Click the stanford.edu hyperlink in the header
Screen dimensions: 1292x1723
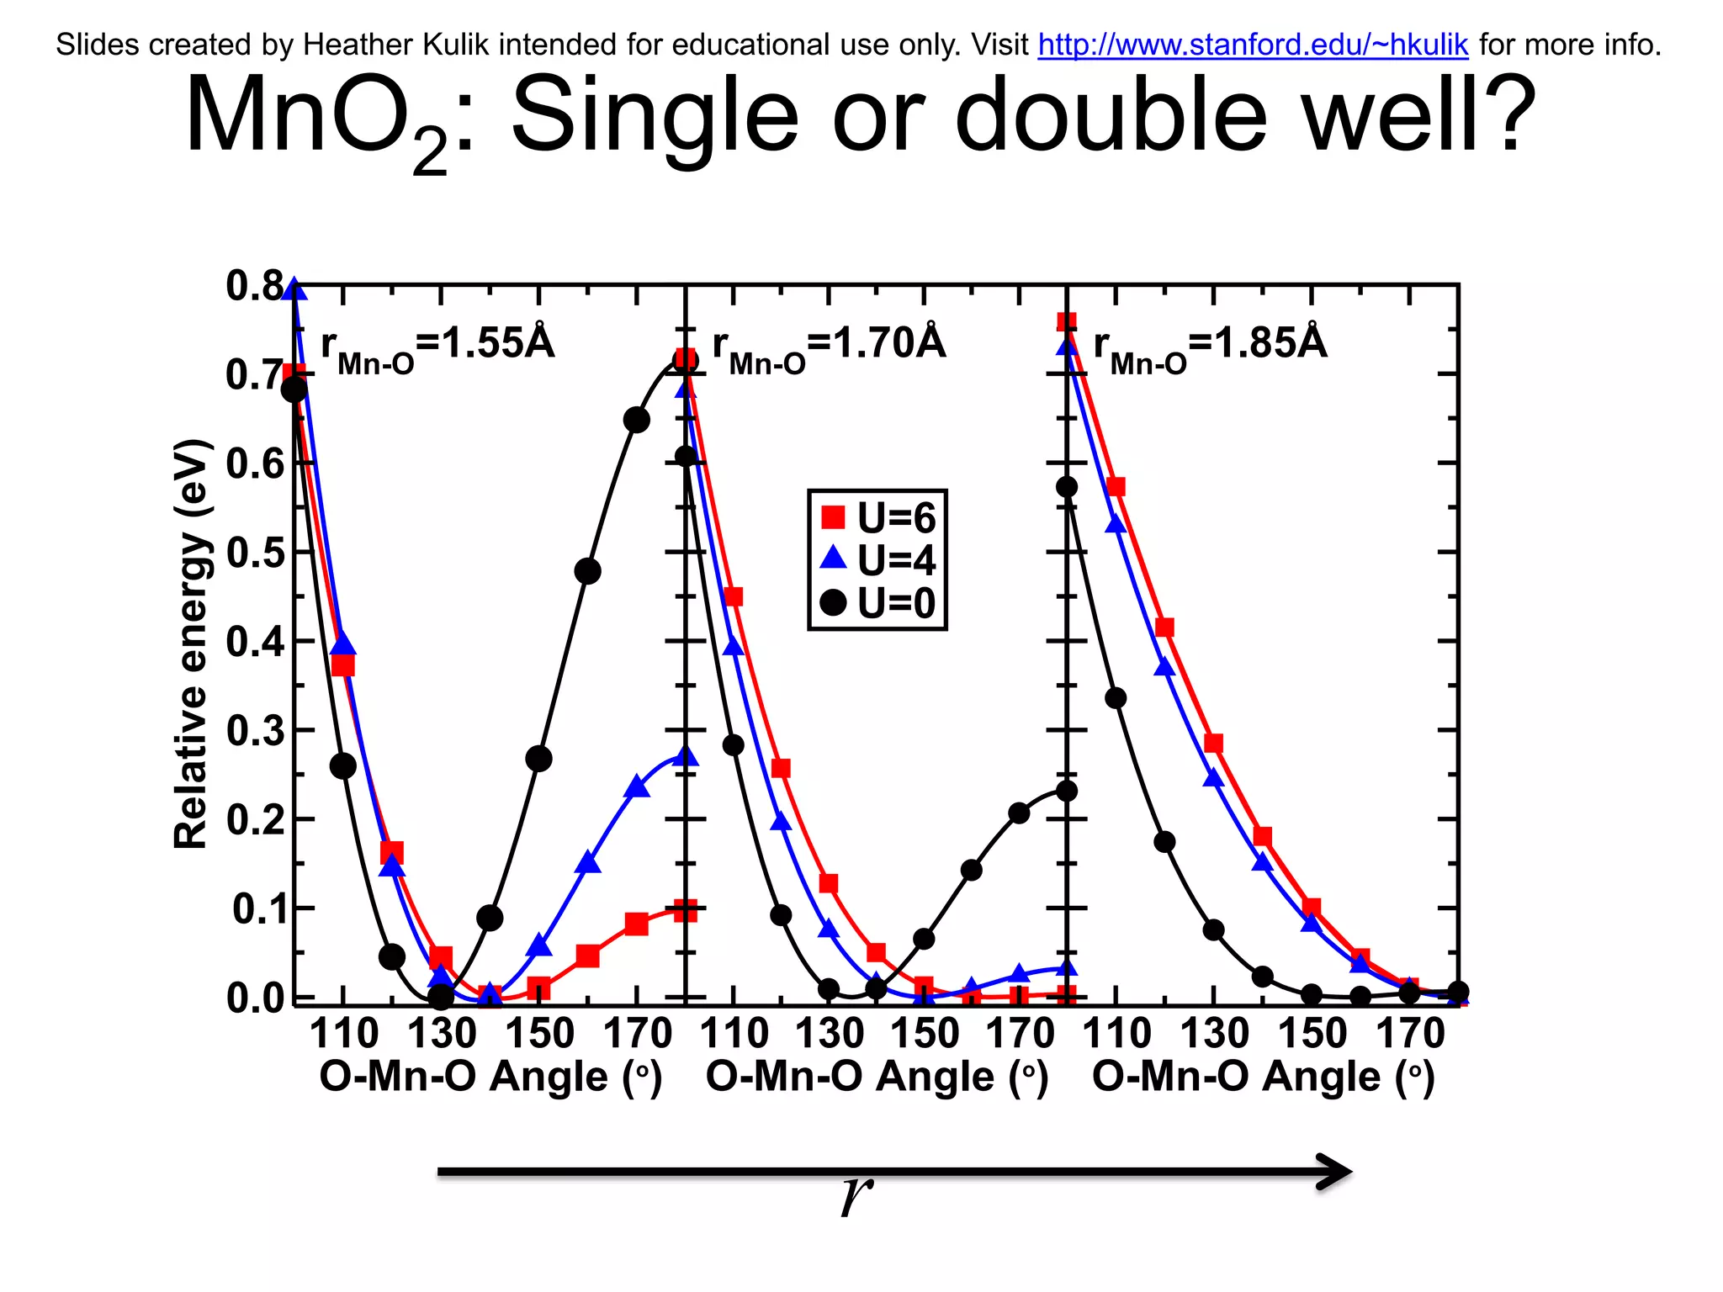tap(1253, 45)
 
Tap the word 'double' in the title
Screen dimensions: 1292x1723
tap(1111, 115)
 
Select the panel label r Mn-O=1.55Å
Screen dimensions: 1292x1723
tap(437, 346)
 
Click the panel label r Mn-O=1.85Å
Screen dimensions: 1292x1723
tap(1210, 346)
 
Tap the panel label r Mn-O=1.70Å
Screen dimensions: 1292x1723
tap(829, 346)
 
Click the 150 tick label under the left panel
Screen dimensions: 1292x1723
tap(539, 1034)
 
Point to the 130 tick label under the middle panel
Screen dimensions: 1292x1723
tap(830, 1034)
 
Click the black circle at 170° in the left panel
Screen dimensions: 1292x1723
tap(637, 420)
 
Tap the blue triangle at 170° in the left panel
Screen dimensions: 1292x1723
tap(637, 787)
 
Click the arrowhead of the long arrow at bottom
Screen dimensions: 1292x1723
tap(1338, 1172)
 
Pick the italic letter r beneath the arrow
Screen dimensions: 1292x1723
tap(856, 1194)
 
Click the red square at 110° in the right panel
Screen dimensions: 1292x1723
tap(1116, 487)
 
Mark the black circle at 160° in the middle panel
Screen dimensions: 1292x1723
tap(971, 870)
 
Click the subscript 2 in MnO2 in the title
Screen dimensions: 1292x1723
tap(430, 151)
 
